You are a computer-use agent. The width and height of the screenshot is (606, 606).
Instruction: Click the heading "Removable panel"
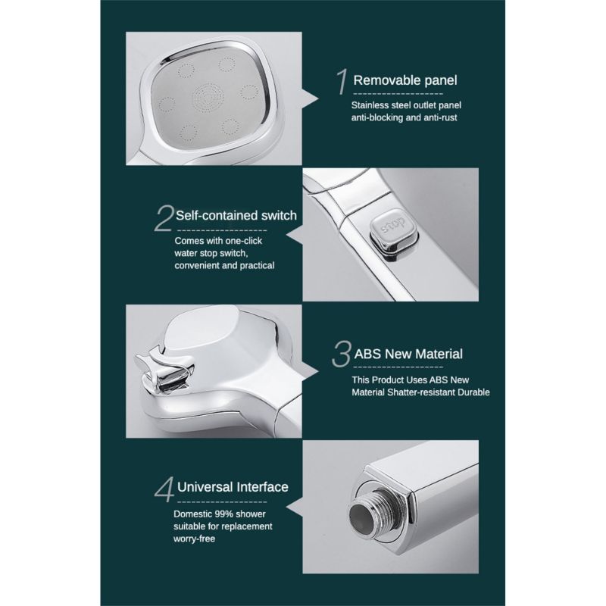click(x=405, y=80)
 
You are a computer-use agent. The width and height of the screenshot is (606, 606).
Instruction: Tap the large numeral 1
click(x=342, y=82)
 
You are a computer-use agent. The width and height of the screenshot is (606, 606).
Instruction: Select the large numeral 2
click(x=164, y=218)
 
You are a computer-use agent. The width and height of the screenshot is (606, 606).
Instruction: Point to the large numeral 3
click(x=342, y=354)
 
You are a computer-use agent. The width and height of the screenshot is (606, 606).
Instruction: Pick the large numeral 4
click(x=164, y=490)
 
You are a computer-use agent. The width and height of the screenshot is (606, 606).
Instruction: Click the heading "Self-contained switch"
click(x=236, y=215)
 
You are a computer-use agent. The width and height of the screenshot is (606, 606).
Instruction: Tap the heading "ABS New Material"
click(x=408, y=354)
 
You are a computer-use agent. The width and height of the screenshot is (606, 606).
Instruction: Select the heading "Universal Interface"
click(x=233, y=487)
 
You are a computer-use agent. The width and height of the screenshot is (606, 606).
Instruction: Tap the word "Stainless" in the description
click(x=370, y=105)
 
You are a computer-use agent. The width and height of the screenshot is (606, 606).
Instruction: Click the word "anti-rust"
click(x=440, y=117)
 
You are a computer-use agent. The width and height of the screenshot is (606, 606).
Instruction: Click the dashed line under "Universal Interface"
click(x=222, y=502)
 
